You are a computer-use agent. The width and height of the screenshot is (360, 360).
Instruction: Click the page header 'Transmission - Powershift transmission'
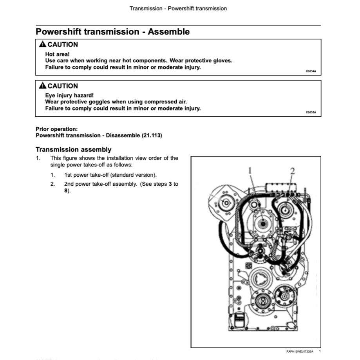178,8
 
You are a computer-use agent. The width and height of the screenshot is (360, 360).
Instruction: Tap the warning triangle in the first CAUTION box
42,44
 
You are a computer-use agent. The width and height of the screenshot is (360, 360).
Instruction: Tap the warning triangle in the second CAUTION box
42,86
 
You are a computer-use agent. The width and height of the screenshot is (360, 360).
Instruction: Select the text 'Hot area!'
57,54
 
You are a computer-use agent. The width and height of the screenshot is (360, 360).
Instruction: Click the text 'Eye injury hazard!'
69,95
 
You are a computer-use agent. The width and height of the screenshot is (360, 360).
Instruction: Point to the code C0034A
311,72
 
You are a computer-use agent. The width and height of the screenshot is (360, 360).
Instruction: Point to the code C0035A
311,112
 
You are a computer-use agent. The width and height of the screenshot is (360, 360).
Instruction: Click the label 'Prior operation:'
56,129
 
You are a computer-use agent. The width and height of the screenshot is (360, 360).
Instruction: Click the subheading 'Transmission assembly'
73,149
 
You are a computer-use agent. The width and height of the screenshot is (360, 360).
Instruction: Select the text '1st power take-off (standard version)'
110,175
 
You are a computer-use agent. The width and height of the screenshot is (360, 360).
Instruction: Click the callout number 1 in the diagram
250,170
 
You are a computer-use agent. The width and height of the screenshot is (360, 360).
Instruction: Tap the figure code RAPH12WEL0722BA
300,352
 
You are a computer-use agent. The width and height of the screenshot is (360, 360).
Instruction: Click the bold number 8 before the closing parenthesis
66,191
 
